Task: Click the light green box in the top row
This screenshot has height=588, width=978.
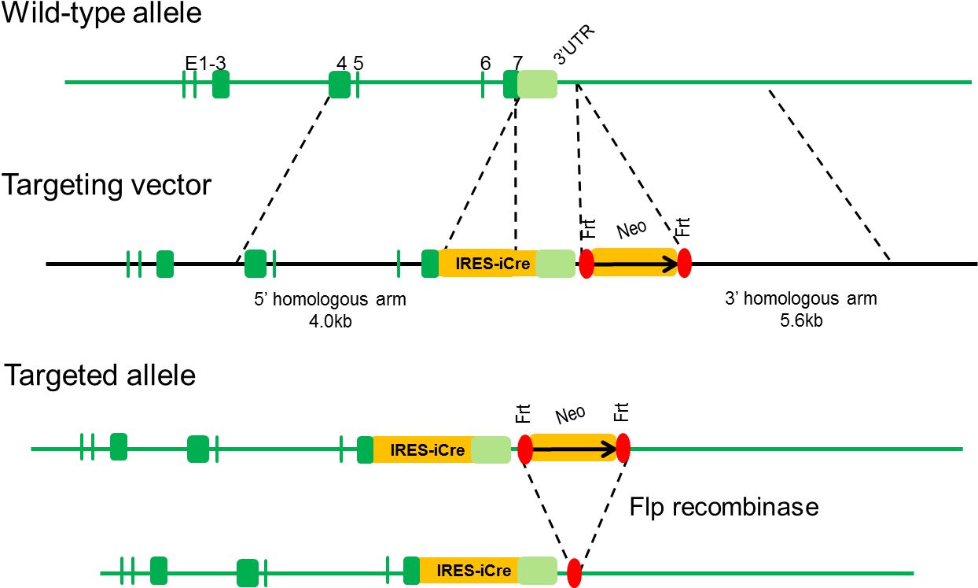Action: (x=538, y=84)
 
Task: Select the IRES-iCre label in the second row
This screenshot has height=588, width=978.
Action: (x=492, y=264)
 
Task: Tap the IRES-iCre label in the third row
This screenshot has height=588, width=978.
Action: (x=427, y=450)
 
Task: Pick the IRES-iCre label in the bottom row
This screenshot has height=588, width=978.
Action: (x=473, y=571)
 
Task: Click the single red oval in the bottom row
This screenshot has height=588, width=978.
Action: (x=574, y=572)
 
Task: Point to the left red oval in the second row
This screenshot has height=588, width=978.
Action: (x=586, y=264)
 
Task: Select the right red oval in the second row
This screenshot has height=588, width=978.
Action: (x=684, y=263)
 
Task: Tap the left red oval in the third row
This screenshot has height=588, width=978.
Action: (x=525, y=449)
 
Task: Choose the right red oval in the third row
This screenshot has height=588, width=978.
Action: (x=623, y=448)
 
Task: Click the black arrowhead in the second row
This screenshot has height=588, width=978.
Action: (x=670, y=265)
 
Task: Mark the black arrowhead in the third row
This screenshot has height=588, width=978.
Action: (x=609, y=449)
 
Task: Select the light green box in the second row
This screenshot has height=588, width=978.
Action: (x=556, y=264)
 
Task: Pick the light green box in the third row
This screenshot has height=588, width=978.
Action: (x=491, y=449)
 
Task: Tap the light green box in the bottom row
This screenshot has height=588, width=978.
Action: (x=538, y=571)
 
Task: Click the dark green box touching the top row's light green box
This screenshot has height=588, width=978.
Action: (x=510, y=84)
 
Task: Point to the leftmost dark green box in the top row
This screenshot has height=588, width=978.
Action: (x=221, y=84)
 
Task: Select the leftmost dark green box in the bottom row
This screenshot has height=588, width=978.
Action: (x=159, y=571)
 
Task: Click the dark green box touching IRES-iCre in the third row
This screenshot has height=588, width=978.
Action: (x=365, y=449)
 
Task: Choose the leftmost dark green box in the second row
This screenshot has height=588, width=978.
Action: (x=165, y=264)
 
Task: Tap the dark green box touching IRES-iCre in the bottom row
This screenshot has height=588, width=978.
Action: (x=411, y=571)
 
